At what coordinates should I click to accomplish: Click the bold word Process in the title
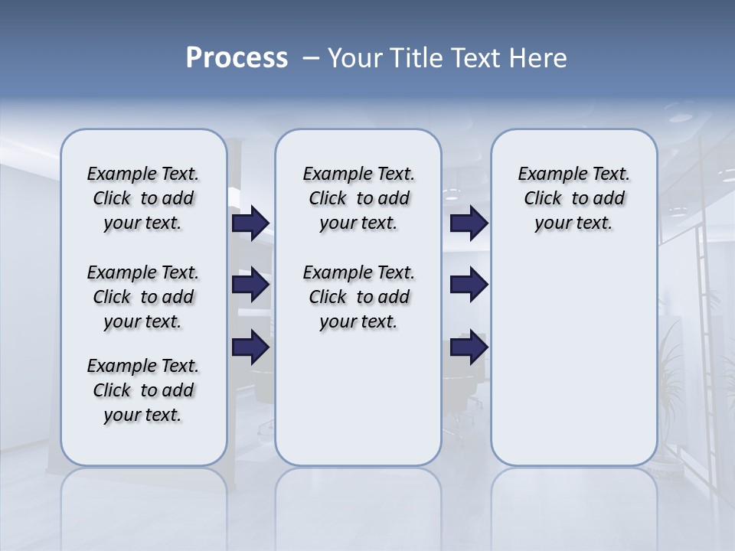[x=237, y=58]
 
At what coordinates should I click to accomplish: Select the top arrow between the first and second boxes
[x=250, y=223]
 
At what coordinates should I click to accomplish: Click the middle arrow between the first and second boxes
[x=250, y=285]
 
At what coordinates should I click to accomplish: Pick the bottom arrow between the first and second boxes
[x=250, y=347]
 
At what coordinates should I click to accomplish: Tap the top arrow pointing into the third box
[x=469, y=223]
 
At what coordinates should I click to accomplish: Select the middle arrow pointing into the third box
[x=469, y=285]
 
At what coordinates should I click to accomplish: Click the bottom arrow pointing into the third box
[x=469, y=347]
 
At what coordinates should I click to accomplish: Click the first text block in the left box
[x=143, y=198]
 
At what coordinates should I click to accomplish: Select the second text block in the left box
[x=143, y=297]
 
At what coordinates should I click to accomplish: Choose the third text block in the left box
[x=143, y=390]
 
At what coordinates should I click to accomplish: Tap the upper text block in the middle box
[x=358, y=198]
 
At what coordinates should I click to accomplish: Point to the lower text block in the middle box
[x=358, y=297]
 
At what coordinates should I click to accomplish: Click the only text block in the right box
[x=573, y=198]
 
